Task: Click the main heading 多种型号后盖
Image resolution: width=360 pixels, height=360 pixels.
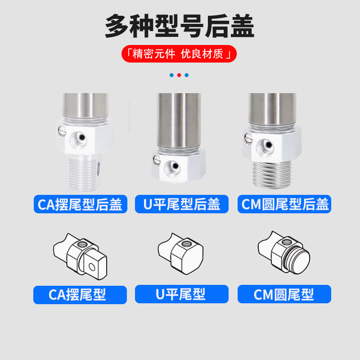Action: point(180,26)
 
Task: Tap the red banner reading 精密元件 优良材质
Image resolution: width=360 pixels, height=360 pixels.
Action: point(179,54)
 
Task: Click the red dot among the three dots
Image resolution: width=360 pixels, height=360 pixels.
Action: point(179,75)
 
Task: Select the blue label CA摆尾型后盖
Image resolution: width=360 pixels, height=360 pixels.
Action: point(80,204)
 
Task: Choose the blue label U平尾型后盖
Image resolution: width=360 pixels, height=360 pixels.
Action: point(182,204)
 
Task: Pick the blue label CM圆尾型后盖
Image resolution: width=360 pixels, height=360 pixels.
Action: point(284,204)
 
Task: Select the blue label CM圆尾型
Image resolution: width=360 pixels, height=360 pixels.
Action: point(284,295)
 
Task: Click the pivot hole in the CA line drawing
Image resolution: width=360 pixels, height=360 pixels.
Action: point(92,266)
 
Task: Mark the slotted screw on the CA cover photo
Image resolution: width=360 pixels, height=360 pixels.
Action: point(61,130)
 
